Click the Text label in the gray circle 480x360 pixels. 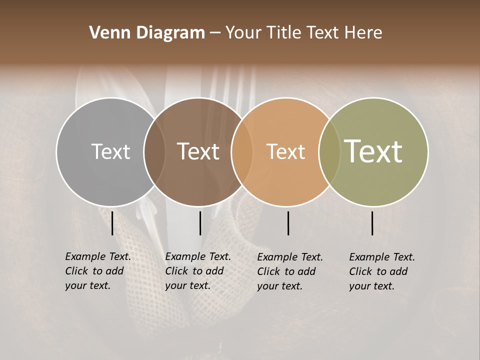pos(110,151)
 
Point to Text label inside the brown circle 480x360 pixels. pos(198,151)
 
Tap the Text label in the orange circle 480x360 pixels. pos(285,151)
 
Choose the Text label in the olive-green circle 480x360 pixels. pos(373,151)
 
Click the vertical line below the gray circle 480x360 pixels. pos(112,223)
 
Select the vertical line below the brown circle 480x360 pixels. pos(200,223)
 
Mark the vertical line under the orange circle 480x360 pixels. pos(288,223)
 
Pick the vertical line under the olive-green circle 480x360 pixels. pos(372,223)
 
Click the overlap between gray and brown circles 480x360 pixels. pos(154,151)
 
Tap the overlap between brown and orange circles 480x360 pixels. pos(242,151)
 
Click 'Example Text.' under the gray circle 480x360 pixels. pos(98,256)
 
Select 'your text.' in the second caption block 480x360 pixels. pos(187,286)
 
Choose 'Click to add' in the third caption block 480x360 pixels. pos(286,271)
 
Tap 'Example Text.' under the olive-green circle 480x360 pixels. pos(382,257)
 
